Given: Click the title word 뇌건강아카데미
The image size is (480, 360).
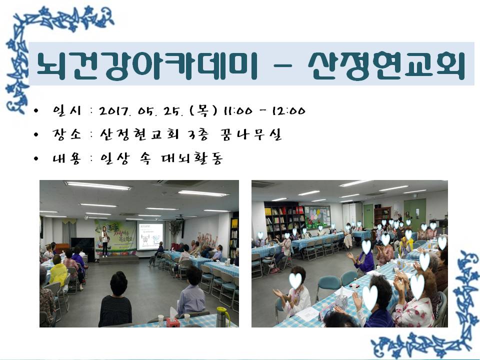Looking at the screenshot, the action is (146, 65).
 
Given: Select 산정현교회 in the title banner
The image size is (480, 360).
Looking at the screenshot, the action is (386, 65).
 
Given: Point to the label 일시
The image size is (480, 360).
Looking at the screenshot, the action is (66, 110).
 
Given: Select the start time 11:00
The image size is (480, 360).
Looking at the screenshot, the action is (238, 110).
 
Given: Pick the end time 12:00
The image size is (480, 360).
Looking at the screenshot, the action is (288, 110).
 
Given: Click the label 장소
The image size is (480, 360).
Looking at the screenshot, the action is (66, 134).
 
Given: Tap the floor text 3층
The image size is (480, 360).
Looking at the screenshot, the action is (198, 134).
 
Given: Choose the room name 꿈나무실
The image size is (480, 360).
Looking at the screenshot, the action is (250, 134).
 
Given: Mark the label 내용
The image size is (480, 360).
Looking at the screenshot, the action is (66, 158).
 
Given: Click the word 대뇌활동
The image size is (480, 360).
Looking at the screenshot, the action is (192, 158).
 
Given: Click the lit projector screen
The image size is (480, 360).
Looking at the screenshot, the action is (150, 236).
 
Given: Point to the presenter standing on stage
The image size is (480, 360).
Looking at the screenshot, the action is (104, 241).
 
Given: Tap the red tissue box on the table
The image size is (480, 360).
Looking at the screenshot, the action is (173, 321).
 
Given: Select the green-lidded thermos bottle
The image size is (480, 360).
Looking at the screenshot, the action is (222, 317).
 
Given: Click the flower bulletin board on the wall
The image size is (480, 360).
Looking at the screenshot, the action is (317, 216).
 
